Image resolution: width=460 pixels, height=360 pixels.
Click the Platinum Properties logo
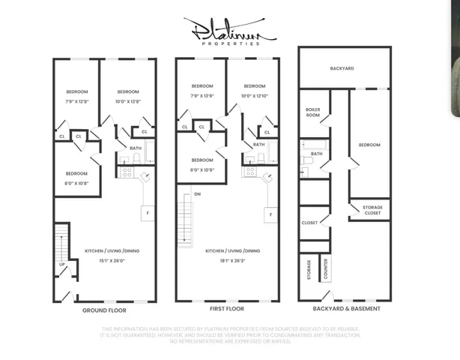(x=229, y=32)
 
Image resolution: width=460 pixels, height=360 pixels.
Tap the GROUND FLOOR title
(x=103, y=310)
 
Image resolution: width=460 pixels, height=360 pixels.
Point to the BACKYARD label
(x=342, y=68)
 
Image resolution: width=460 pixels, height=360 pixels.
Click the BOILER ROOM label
(x=313, y=112)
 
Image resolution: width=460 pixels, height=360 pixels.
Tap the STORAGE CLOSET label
(x=372, y=210)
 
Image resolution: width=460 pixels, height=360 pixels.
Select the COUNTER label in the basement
(x=326, y=270)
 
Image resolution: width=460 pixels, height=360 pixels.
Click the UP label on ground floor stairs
(x=61, y=264)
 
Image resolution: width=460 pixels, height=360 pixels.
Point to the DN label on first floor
(x=197, y=194)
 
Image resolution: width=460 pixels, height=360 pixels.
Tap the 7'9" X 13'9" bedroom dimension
(x=202, y=96)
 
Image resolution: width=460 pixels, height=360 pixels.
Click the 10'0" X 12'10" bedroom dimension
(x=254, y=96)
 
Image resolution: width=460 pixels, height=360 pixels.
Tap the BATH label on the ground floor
(x=136, y=148)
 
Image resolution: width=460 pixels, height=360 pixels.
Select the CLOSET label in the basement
(x=309, y=223)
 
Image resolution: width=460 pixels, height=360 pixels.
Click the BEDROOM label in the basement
(x=369, y=145)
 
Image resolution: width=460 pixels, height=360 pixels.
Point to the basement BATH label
(x=317, y=154)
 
